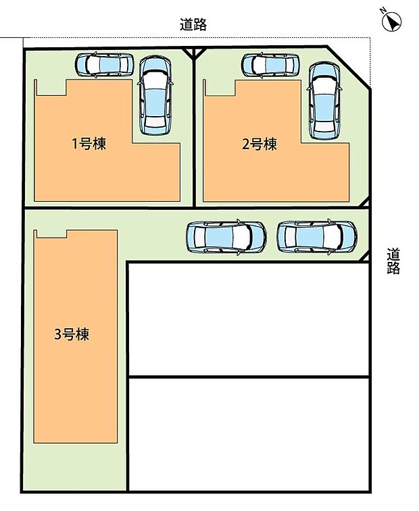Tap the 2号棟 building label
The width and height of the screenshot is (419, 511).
point(260,144)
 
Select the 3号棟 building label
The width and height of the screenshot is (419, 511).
point(72,333)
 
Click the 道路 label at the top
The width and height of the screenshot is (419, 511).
point(193,25)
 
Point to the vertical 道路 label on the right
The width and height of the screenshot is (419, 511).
point(394,261)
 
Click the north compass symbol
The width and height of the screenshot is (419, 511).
point(391,22)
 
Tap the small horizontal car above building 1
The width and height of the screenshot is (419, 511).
point(105,65)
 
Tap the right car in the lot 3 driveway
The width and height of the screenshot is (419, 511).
point(316,236)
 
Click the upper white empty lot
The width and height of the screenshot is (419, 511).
point(248,318)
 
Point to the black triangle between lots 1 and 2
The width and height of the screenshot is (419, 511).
point(195,53)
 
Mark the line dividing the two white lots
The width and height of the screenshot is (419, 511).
point(248,376)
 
